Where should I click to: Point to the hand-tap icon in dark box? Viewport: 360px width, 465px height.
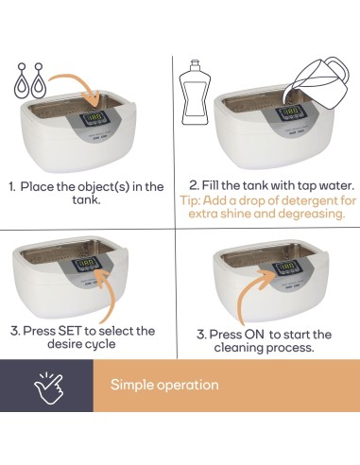(x=45, y=385)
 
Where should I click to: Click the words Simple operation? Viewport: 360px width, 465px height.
(x=164, y=385)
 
